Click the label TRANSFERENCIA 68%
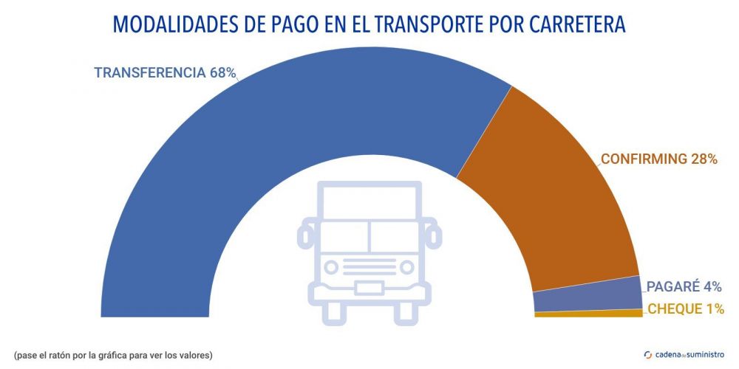coord(165,72)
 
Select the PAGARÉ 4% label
coord(684,287)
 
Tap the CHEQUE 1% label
coord(685,309)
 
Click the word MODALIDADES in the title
coord(175,24)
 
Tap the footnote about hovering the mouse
coord(113,355)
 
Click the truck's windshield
coord(369,235)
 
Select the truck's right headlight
coord(405,266)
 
